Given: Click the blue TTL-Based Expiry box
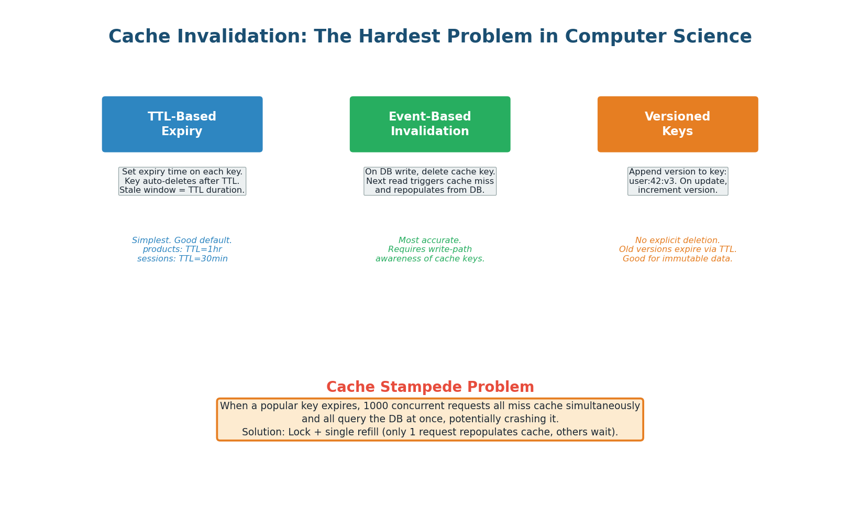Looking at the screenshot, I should (182, 124).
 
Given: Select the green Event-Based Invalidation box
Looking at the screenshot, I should (429, 124).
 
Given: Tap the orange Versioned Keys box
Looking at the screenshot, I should (677, 124).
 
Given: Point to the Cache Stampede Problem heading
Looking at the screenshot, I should (430, 387).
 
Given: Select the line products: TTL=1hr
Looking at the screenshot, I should (182, 249).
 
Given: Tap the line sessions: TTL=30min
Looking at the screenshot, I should (182, 259).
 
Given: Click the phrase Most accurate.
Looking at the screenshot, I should (429, 240).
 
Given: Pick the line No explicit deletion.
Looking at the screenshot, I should (677, 240).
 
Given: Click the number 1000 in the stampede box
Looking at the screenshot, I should (375, 406).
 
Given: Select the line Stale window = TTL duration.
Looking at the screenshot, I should (182, 190).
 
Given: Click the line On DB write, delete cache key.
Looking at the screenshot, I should (429, 172).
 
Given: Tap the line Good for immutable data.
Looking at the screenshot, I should (677, 259).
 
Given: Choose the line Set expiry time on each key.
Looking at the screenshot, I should (182, 172).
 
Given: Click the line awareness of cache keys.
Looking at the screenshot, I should (429, 259).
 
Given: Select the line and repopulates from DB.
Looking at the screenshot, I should (429, 190).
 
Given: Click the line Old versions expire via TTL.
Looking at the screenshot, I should (677, 249).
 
